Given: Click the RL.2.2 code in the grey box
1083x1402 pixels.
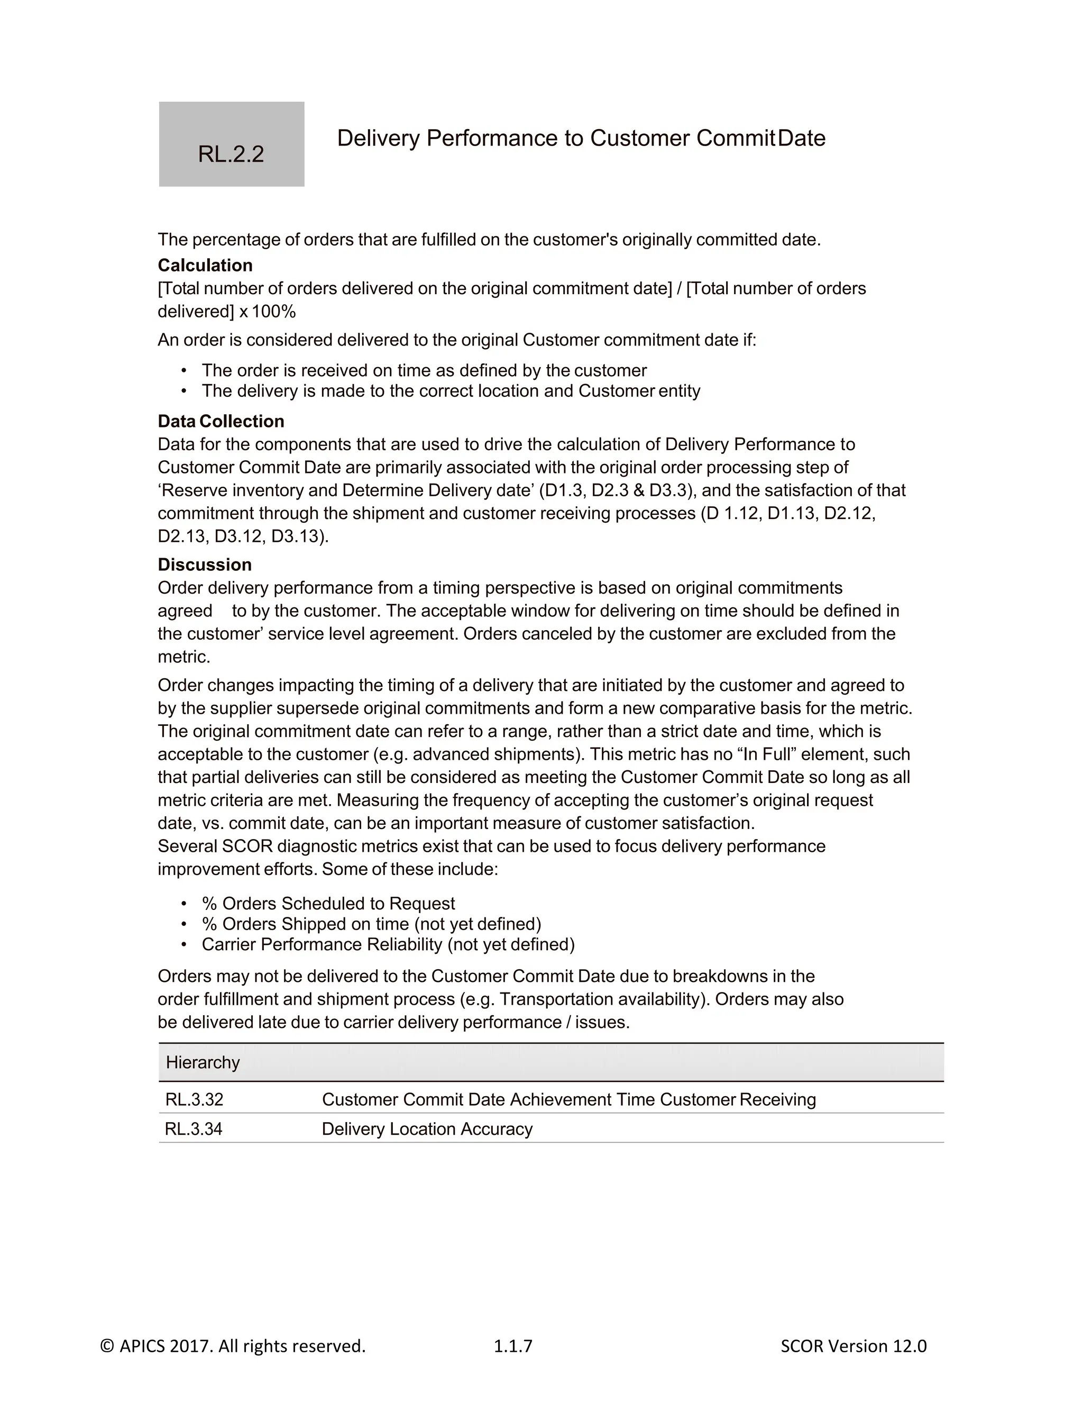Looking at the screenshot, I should [x=231, y=154].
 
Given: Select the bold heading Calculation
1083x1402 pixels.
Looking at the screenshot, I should [x=205, y=265].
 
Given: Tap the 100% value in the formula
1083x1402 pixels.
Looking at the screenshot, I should [x=274, y=312].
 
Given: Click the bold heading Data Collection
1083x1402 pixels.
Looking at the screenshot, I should [x=221, y=421].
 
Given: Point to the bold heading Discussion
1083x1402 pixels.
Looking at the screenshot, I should [x=205, y=565].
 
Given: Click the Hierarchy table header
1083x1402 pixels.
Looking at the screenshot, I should [x=203, y=1062].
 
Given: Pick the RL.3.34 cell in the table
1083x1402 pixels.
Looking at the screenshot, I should [x=194, y=1129].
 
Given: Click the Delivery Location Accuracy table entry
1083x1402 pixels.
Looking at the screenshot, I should [x=427, y=1129].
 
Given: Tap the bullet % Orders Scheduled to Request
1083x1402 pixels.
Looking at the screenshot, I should [x=328, y=903].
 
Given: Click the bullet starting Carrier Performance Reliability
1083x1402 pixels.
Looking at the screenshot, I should [x=388, y=944].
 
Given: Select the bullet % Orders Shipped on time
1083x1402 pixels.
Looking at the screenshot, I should [x=371, y=924].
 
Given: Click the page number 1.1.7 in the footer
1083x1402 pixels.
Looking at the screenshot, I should [x=512, y=1346].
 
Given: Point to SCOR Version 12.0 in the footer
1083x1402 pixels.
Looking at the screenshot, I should [x=853, y=1346].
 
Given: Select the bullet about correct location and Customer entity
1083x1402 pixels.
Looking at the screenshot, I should [x=451, y=391].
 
